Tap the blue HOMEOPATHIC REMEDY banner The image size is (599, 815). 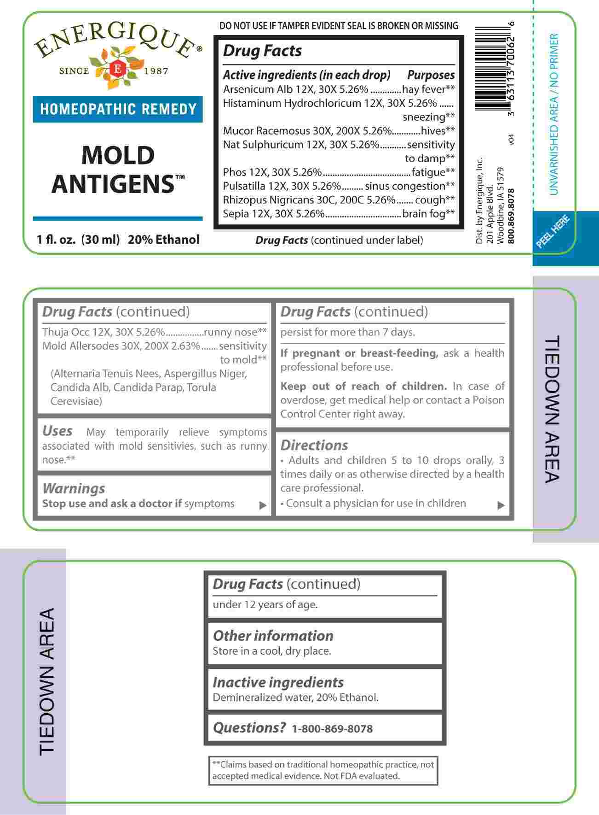(118, 109)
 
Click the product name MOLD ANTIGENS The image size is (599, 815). (118, 169)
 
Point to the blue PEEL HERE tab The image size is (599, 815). (553, 232)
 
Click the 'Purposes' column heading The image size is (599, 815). (431, 75)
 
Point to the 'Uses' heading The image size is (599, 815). (58, 431)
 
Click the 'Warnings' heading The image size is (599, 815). (74, 488)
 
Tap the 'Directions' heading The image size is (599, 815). (314, 445)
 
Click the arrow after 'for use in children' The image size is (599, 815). (501, 505)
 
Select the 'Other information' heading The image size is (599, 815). (273, 636)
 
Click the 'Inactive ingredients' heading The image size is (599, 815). (278, 682)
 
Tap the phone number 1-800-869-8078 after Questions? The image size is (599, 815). (332, 729)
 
